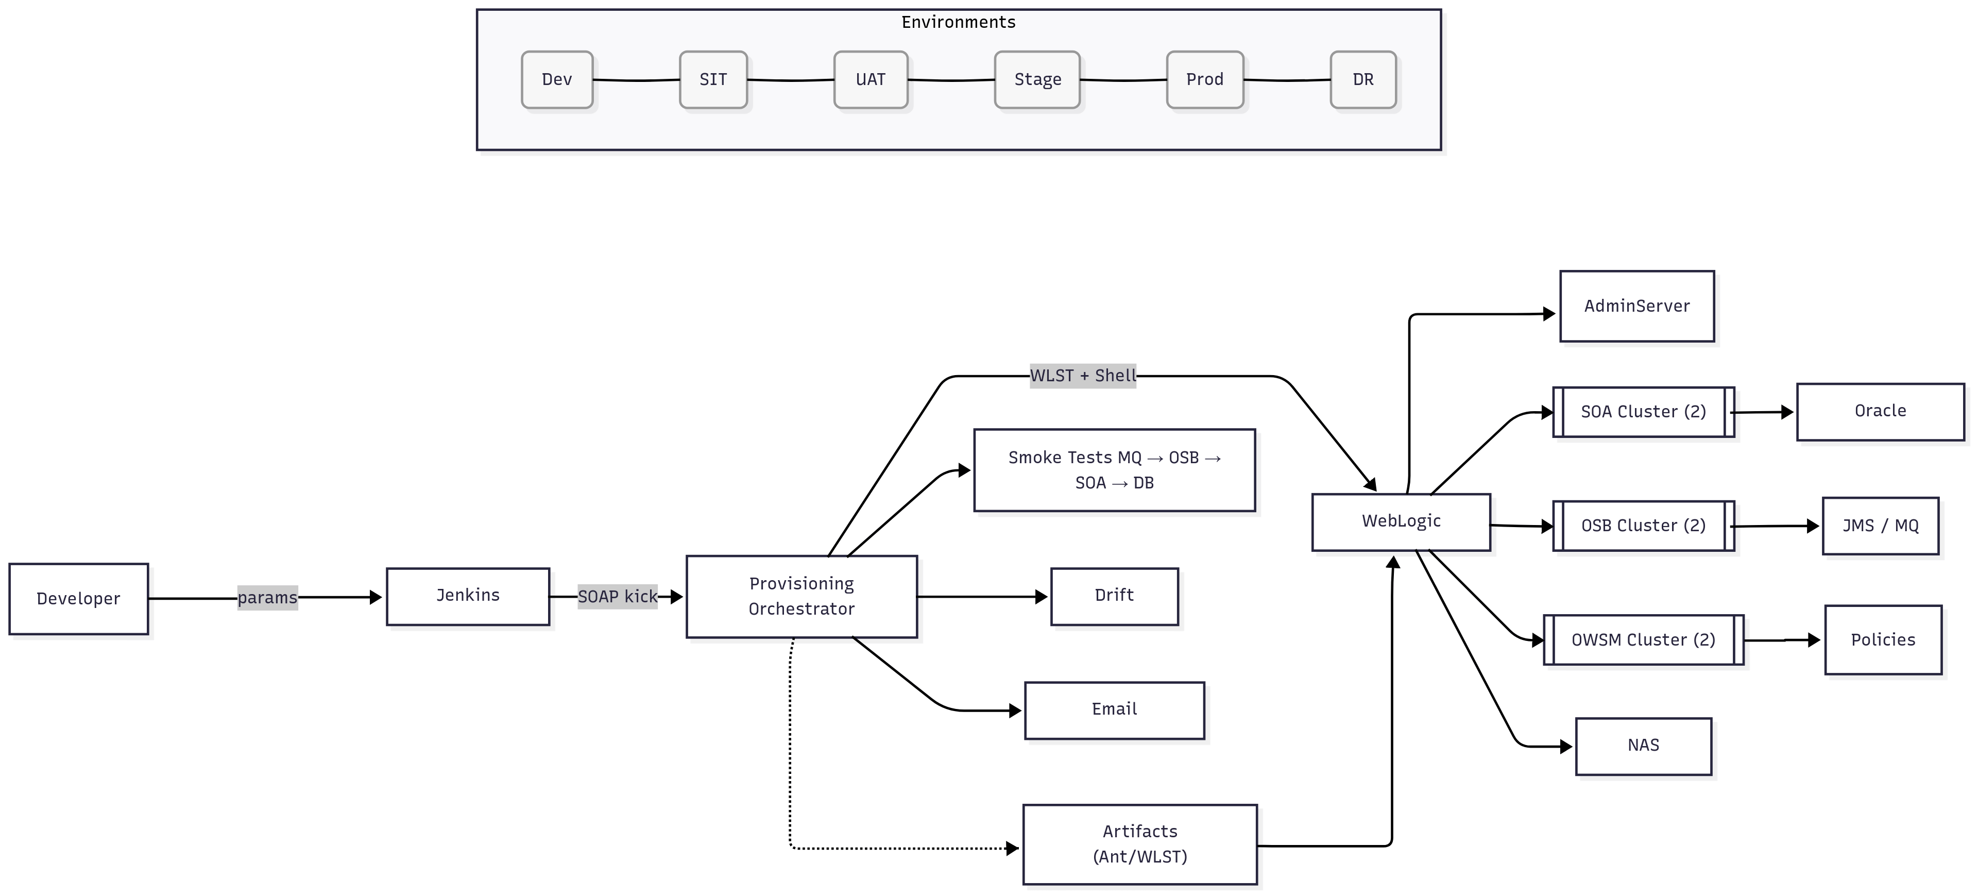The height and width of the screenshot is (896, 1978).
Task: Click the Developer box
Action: point(78,599)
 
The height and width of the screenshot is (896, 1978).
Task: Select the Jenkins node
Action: point(468,596)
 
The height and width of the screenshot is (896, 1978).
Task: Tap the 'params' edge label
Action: point(267,597)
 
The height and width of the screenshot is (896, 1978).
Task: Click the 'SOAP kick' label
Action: point(618,597)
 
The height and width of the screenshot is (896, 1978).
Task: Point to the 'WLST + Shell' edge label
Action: point(1083,376)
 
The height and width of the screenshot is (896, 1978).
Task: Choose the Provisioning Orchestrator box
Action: point(801,597)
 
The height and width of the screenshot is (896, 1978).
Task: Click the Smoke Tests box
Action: point(1114,470)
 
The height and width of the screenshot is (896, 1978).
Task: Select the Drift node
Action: point(1114,596)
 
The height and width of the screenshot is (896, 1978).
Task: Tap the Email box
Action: point(1114,709)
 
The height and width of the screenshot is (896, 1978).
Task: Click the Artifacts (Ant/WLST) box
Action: point(1139,844)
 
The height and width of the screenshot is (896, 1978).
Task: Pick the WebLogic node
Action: point(1401,521)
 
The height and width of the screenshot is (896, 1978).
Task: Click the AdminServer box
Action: point(1636,307)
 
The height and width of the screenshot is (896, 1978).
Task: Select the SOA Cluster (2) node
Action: point(1643,412)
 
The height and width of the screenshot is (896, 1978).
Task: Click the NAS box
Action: point(1643,746)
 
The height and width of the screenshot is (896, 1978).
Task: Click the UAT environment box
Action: point(871,80)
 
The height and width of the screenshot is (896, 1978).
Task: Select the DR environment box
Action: point(1363,80)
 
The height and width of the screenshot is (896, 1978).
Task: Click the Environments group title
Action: point(958,22)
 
